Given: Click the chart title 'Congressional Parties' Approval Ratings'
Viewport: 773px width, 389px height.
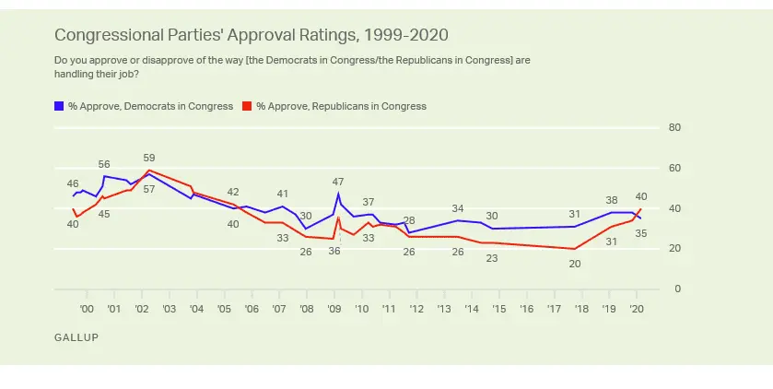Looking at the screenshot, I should pos(251,36).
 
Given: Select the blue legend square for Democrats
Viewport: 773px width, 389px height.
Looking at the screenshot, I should pos(59,107).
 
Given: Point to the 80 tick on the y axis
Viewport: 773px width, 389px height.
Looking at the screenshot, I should pos(673,127).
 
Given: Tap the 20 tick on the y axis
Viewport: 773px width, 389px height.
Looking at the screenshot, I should pos(673,249).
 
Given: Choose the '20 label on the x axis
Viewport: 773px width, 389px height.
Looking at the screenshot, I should pos(636,309).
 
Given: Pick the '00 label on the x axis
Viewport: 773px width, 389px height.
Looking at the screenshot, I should pos(87,309).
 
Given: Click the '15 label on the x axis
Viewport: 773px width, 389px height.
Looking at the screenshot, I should pos(498,309).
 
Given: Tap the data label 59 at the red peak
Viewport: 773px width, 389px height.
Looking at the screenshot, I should pos(149,158).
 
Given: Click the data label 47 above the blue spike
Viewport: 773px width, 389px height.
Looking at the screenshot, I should pos(338,182).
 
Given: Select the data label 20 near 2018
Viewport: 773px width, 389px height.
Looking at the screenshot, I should pos(575,264).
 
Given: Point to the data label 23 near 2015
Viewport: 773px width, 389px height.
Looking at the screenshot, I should pos(492,258).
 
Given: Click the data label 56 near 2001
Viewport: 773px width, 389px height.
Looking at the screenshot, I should pos(104,164).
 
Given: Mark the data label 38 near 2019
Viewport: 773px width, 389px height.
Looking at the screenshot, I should pos(611,200).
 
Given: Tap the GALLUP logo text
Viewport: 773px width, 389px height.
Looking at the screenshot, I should pos(76,337).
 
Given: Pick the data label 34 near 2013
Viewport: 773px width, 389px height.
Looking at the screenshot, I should pos(458,208).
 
